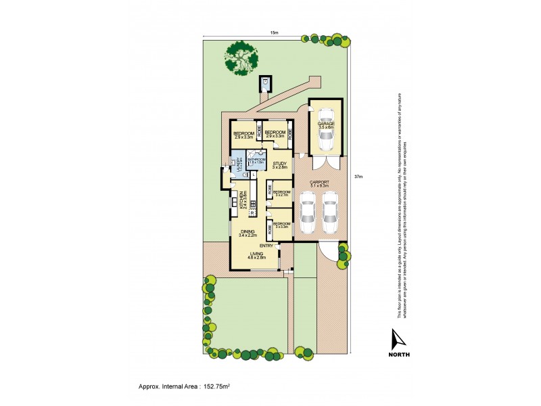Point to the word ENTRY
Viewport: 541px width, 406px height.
click(266, 246)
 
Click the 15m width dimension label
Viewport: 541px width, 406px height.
click(274, 32)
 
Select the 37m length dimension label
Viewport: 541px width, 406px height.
click(358, 177)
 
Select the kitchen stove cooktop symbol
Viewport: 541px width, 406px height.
click(252, 203)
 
